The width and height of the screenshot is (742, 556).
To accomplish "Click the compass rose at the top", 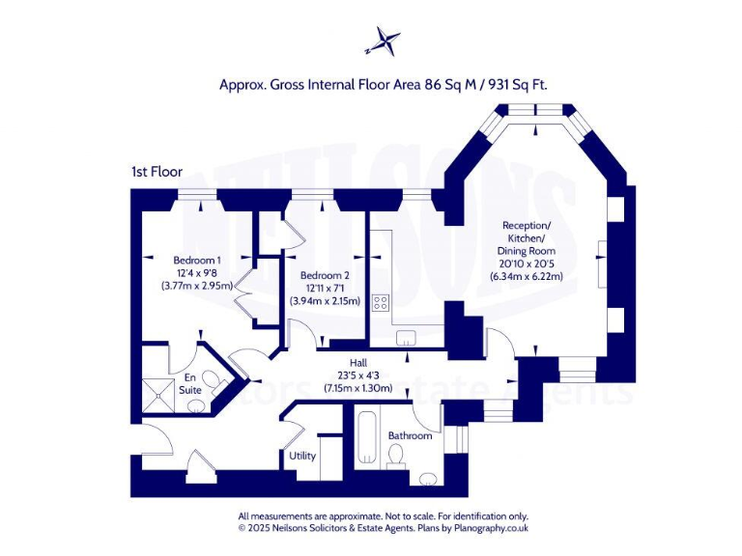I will tap(383, 42).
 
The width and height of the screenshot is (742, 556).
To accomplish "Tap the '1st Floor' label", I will tap(157, 171).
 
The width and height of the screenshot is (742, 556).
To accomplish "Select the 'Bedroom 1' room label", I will tap(197, 260).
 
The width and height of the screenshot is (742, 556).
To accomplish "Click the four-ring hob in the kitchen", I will tap(381, 302).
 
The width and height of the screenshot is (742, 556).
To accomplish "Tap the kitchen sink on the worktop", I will tap(405, 336).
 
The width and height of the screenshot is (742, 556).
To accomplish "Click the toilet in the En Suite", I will tap(196, 405).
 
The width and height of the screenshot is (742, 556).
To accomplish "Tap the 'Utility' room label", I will tap(301, 455).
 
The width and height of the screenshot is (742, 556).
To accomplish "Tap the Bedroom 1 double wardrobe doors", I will tap(243, 293).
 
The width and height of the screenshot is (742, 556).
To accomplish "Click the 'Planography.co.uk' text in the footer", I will tap(490, 528).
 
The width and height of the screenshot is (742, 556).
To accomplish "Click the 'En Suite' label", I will tap(191, 383).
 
